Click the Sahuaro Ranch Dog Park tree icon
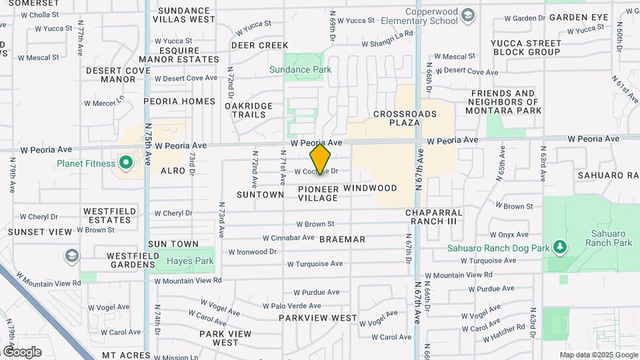pyautogui.click(x=560, y=248)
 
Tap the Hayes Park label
pyautogui.click(x=190, y=261)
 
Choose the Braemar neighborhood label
pyautogui.click(x=342, y=239)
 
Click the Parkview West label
pyautogui.click(x=318, y=318)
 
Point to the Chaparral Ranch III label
pyautogui.click(x=434, y=217)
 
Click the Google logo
pyautogui.click(x=22, y=351)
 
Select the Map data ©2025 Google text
pyautogui.click(x=597, y=355)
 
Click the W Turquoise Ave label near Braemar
pyautogui.click(x=319, y=263)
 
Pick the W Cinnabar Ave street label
pyautogui.click(x=288, y=237)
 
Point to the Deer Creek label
pyautogui.click(x=259, y=45)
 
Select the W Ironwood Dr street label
pyautogui.click(x=252, y=252)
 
